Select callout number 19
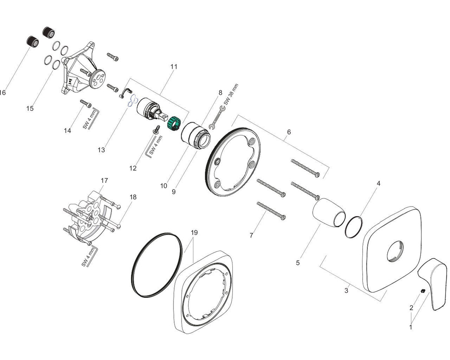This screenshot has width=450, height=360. point(194,233)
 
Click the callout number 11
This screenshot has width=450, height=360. point(174,67)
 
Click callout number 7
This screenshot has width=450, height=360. point(251,235)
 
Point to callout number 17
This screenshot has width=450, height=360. point(104,181)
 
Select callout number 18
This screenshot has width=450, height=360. point(133,197)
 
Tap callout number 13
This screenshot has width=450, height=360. point(101,150)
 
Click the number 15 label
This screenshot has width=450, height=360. point(30,108)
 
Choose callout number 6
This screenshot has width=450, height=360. point(289,132)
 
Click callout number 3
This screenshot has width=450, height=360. point(346,291)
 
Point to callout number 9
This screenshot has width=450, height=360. point(173,192)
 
